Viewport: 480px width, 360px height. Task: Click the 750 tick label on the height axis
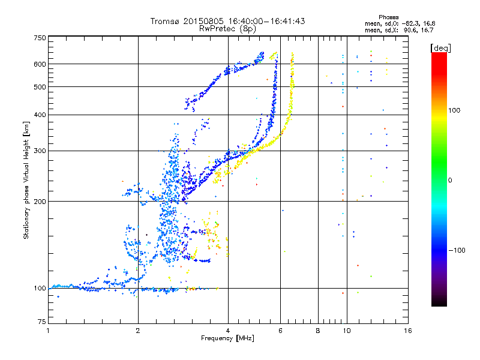pyautogui.click(x=40, y=37)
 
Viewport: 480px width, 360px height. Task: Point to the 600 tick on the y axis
pyautogui.click(x=40, y=64)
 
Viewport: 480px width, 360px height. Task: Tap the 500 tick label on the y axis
pyautogui.click(x=40, y=87)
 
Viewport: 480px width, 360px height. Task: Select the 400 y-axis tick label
pyautogui.click(x=40, y=115)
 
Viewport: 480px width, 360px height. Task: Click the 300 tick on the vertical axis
pyautogui.click(x=40, y=151)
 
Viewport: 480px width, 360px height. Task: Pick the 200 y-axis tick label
pyautogui.click(x=40, y=202)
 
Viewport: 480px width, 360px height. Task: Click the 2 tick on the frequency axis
pyautogui.click(x=138, y=331)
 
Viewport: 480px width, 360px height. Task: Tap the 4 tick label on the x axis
pyautogui.click(x=228, y=331)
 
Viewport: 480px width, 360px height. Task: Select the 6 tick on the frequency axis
pyautogui.click(x=281, y=331)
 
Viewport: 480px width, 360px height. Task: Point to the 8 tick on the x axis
pyautogui.click(x=318, y=331)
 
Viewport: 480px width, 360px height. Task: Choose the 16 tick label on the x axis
pyautogui.click(x=407, y=331)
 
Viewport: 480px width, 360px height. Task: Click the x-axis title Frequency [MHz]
pyautogui.click(x=228, y=339)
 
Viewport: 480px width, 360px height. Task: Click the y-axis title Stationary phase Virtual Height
pyautogui.click(x=26, y=180)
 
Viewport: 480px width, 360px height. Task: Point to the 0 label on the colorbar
pyautogui.click(x=451, y=179)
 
